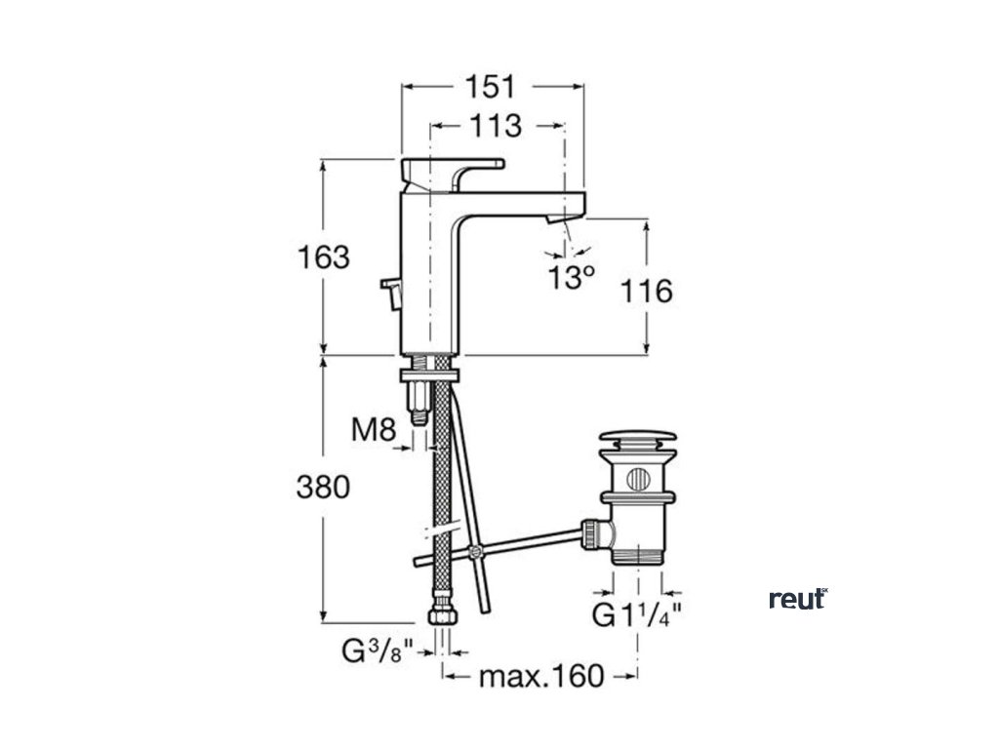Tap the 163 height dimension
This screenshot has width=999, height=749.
(x=323, y=257)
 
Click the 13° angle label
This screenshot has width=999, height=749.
(x=571, y=278)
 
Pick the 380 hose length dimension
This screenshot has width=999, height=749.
(x=323, y=487)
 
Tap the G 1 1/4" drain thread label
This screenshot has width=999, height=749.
(x=636, y=616)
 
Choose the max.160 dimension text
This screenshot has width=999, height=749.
(x=541, y=675)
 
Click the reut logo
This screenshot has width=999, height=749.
(x=797, y=599)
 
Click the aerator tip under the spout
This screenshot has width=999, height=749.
(x=557, y=223)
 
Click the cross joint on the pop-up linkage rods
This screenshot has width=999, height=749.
(x=475, y=553)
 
